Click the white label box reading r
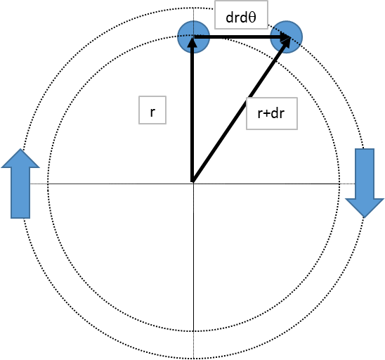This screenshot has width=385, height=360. pyautogui.click(x=152, y=112)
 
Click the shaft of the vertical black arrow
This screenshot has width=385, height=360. pyautogui.click(x=192, y=112)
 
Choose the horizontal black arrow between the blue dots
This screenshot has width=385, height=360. pyautogui.click(x=239, y=37)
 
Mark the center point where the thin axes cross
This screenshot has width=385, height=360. pyautogui.click(x=192, y=183)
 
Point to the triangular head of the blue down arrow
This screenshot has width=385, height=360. pyautogui.click(x=363, y=205)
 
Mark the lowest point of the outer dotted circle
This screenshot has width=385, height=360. pyautogui.click(x=192, y=356)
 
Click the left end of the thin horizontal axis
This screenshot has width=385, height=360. pyautogui.click(x=49, y=183)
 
